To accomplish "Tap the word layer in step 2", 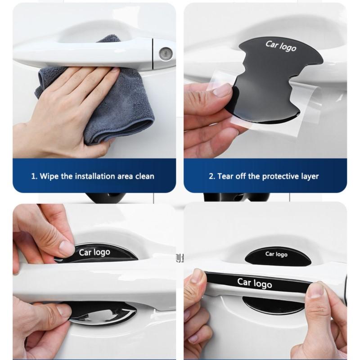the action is click(x=310, y=176).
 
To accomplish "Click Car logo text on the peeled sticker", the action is click(x=281, y=46).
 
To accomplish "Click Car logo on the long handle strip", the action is click(x=254, y=283).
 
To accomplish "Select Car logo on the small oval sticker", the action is click(x=276, y=254).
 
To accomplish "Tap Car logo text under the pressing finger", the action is click(x=94, y=252).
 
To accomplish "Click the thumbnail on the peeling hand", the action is click(x=222, y=90).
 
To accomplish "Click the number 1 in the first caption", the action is click(x=34, y=176).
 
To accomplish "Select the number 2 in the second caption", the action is click(x=211, y=176).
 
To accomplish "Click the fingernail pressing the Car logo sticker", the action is click(x=67, y=248).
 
